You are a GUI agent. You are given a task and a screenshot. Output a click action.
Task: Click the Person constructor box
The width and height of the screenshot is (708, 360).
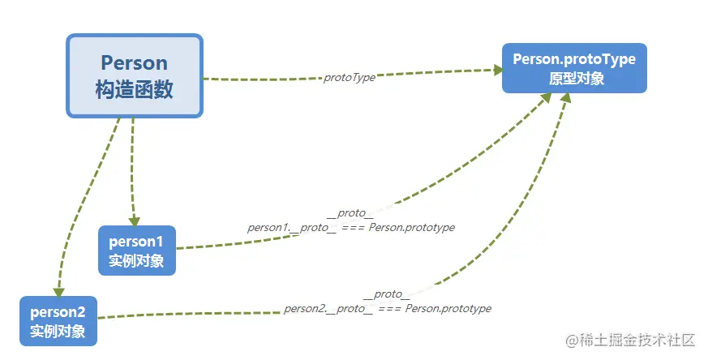tap(134, 75)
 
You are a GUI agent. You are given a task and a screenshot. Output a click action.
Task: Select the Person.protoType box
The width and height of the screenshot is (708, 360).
tap(574, 68)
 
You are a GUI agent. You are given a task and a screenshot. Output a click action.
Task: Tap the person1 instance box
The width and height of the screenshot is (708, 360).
tap(136, 251)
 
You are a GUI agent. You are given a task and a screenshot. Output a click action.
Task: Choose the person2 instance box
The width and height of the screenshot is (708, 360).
tap(58, 321)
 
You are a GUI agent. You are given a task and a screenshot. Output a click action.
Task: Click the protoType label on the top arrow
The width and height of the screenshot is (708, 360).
tap(350, 77)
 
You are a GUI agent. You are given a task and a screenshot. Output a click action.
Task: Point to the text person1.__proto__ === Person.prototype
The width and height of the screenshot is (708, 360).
tap(351, 228)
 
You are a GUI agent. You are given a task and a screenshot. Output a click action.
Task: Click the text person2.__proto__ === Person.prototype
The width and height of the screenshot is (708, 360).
tap(388, 309)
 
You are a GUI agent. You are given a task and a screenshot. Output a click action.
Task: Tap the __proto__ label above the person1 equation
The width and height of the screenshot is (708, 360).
tap(350, 214)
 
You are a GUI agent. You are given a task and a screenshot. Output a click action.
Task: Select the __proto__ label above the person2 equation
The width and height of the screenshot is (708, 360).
tap(387, 294)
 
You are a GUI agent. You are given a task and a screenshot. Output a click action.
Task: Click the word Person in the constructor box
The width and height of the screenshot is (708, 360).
tap(134, 62)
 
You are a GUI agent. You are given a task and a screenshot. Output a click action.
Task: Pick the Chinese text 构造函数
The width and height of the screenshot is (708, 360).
tap(134, 89)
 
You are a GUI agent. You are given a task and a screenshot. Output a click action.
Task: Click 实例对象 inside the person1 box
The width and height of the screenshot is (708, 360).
tap(136, 261)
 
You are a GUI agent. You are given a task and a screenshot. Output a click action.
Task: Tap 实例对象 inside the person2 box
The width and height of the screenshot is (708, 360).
tap(58, 332)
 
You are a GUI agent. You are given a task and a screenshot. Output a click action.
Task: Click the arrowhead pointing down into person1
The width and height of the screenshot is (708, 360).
tap(135, 220)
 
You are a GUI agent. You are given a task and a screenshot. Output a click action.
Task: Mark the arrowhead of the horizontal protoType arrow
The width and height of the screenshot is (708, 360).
tap(496, 70)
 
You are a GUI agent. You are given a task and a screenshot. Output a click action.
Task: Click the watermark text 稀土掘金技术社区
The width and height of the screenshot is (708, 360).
tap(637, 339)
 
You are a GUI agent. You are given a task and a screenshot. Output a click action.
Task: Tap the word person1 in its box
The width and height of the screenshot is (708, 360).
tap(136, 241)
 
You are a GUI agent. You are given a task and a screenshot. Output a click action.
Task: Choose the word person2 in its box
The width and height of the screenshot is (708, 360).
tap(58, 311)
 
